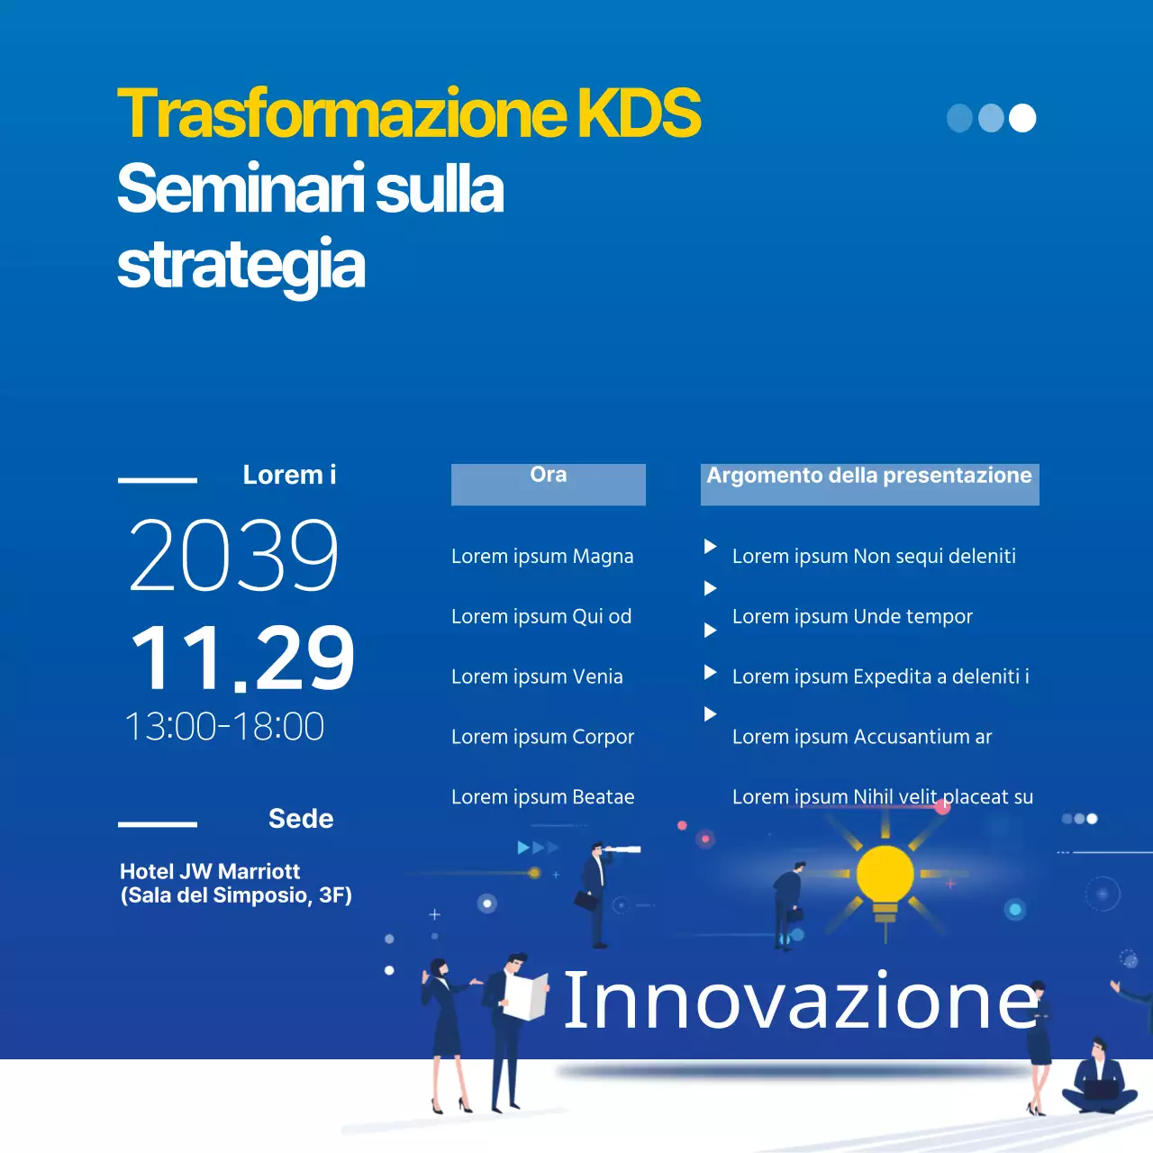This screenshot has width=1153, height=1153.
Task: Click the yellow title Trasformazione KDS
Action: coord(409,113)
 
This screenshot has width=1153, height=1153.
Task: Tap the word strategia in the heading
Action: coord(241,265)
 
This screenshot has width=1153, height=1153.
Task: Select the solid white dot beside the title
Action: coord(1022,118)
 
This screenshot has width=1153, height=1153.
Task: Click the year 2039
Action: coord(234,556)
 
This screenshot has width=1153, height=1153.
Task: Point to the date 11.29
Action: coord(242,658)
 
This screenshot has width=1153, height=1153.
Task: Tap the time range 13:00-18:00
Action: coord(224,726)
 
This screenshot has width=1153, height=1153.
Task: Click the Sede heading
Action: coord(301,819)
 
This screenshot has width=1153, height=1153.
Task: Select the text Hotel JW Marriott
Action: coord(210,871)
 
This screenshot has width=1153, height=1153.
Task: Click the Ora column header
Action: coord(548,476)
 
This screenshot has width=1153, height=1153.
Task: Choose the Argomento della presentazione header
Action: coord(869,477)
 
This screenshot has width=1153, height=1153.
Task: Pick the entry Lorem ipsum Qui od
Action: coord(541,616)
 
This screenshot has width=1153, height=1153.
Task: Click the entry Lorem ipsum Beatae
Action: coord(542,797)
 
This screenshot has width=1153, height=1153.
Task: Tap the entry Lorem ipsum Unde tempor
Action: coord(852,616)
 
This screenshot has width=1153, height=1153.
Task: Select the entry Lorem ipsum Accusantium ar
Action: coord(861,737)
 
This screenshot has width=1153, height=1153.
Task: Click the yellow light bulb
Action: coord(885,876)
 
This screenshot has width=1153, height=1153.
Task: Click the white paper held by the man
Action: coord(526,996)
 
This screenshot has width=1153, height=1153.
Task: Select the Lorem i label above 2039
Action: coord(289,475)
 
